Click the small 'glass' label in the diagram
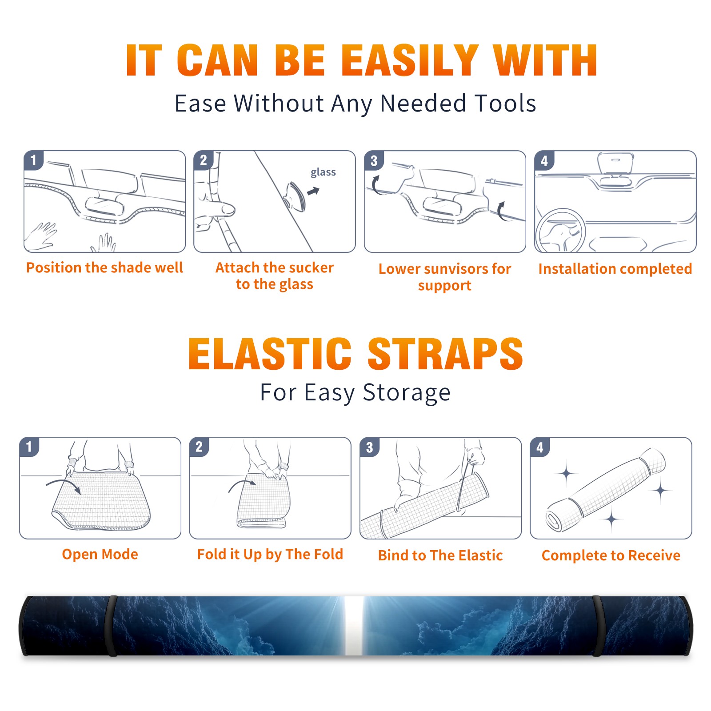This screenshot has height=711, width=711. click(x=323, y=172)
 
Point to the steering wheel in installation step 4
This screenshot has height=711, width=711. click(x=561, y=230)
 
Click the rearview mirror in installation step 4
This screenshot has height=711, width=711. click(x=615, y=164)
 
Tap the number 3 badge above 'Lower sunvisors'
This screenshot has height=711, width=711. click(x=374, y=160)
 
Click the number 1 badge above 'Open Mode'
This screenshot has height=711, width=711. click(x=29, y=447)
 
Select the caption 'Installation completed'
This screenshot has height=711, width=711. click(x=615, y=268)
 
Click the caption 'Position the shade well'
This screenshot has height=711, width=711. click(x=104, y=268)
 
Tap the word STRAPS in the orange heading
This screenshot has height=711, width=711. click(x=445, y=354)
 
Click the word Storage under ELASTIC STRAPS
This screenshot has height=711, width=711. click(x=407, y=393)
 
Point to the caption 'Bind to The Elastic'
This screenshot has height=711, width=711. click(x=440, y=555)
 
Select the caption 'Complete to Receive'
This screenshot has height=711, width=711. click(x=611, y=555)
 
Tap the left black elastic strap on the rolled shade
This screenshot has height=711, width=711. click(x=111, y=626)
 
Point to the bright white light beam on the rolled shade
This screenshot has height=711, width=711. click(x=354, y=626)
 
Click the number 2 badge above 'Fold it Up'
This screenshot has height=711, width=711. click(x=199, y=447)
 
